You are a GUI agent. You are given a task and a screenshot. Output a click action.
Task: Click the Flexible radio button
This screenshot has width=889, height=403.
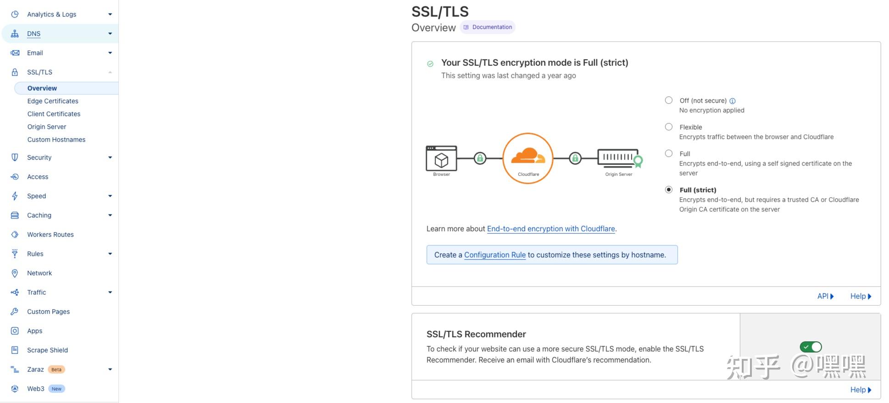click(x=669, y=127)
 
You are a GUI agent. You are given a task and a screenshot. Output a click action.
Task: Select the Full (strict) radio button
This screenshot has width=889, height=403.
click(x=669, y=190)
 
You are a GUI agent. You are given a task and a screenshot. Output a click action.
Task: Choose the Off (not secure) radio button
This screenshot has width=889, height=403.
click(x=669, y=100)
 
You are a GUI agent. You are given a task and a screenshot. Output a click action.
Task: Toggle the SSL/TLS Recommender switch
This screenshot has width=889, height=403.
click(x=811, y=347)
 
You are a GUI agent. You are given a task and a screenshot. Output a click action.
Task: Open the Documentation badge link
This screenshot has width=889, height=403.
click(x=488, y=27)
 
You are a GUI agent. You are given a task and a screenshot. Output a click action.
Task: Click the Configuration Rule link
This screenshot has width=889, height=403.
click(x=495, y=255)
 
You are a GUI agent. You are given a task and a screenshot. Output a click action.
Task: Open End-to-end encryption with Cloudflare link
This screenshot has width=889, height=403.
click(x=550, y=229)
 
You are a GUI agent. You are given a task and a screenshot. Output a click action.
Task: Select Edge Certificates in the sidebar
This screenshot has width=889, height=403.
click(x=53, y=101)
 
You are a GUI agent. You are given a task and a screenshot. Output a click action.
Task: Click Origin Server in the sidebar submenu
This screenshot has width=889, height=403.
click(x=47, y=127)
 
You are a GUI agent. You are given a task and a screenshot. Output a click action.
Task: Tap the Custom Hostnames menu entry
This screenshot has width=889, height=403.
click(x=56, y=140)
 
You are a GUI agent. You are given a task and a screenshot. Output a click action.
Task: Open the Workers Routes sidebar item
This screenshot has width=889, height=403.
click(x=50, y=235)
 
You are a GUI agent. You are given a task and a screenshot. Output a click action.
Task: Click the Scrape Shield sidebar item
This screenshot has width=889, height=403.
click(x=47, y=350)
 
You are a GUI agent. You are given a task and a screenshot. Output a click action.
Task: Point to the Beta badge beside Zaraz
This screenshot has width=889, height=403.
click(x=56, y=369)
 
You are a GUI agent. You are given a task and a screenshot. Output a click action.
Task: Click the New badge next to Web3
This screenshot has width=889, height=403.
click(x=56, y=389)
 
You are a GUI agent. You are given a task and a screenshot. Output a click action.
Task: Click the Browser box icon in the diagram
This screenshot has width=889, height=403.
click(x=441, y=159)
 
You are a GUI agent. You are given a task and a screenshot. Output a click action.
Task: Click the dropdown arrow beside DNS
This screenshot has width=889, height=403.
click(x=110, y=34)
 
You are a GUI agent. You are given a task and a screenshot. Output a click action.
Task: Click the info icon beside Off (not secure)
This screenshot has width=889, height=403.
click(x=733, y=101)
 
